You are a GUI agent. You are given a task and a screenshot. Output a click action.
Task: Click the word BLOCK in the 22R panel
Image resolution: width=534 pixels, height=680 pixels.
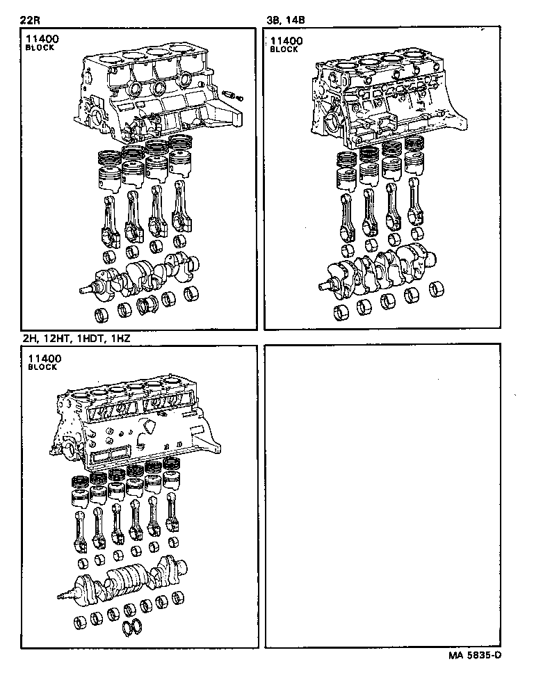[39, 49]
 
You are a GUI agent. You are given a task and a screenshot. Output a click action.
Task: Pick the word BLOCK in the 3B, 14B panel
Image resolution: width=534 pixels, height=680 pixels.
[284, 49]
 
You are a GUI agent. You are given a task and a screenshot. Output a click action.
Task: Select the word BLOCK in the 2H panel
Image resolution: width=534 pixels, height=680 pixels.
[42, 367]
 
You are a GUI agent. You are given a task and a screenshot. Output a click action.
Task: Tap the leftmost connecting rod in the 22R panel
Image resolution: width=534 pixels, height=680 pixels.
[108, 216]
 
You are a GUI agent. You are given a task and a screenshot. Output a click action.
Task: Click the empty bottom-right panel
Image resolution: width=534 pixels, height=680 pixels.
[382, 497]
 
